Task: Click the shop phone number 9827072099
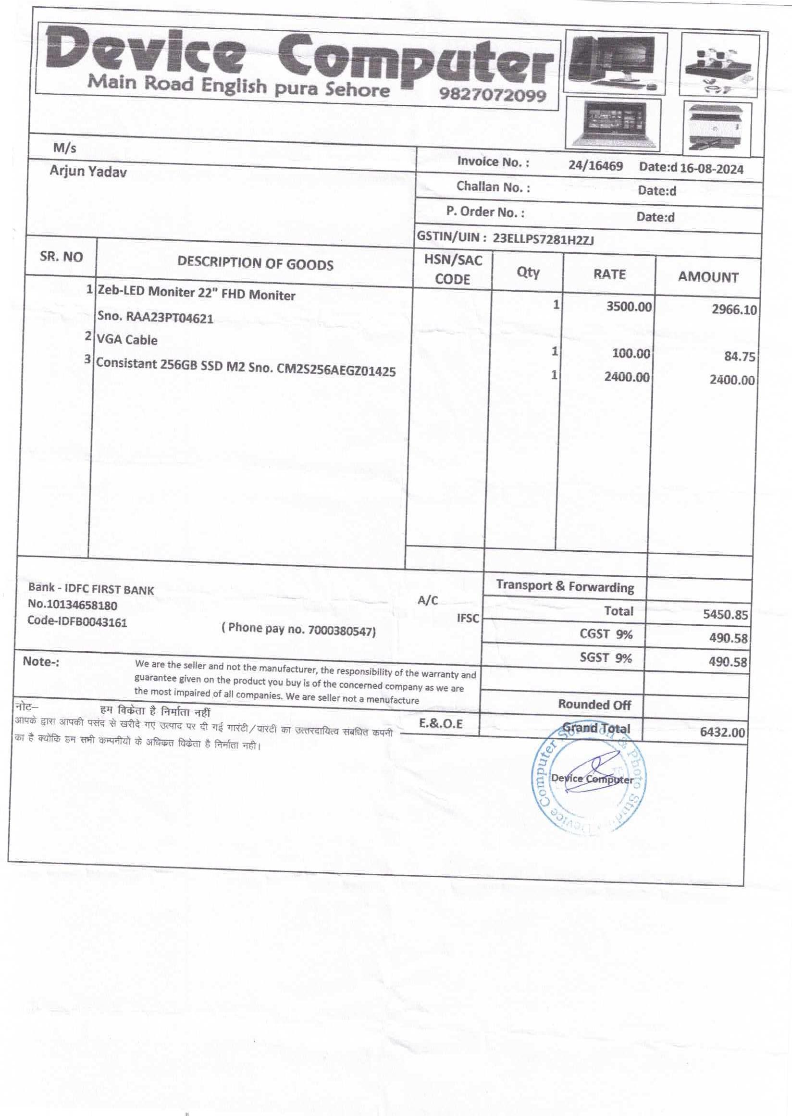(492, 94)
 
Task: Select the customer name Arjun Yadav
(88, 172)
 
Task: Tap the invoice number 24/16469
(595, 166)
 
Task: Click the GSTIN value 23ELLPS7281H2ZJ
(543, 238)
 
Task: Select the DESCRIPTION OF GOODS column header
(255, 263)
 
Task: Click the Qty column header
(528, 272)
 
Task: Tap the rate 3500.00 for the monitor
(629, 307)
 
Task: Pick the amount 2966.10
(734, 310)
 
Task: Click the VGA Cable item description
(127, 339)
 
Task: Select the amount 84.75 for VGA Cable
(739, 357)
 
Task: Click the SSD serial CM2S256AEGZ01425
(336, 370)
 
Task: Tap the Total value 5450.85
(725, 614)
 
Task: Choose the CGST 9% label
(606, 633)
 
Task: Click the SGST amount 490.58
(728, 662)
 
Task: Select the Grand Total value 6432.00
(722, 732)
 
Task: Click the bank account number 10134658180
(79, 605)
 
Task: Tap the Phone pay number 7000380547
(341, 631)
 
